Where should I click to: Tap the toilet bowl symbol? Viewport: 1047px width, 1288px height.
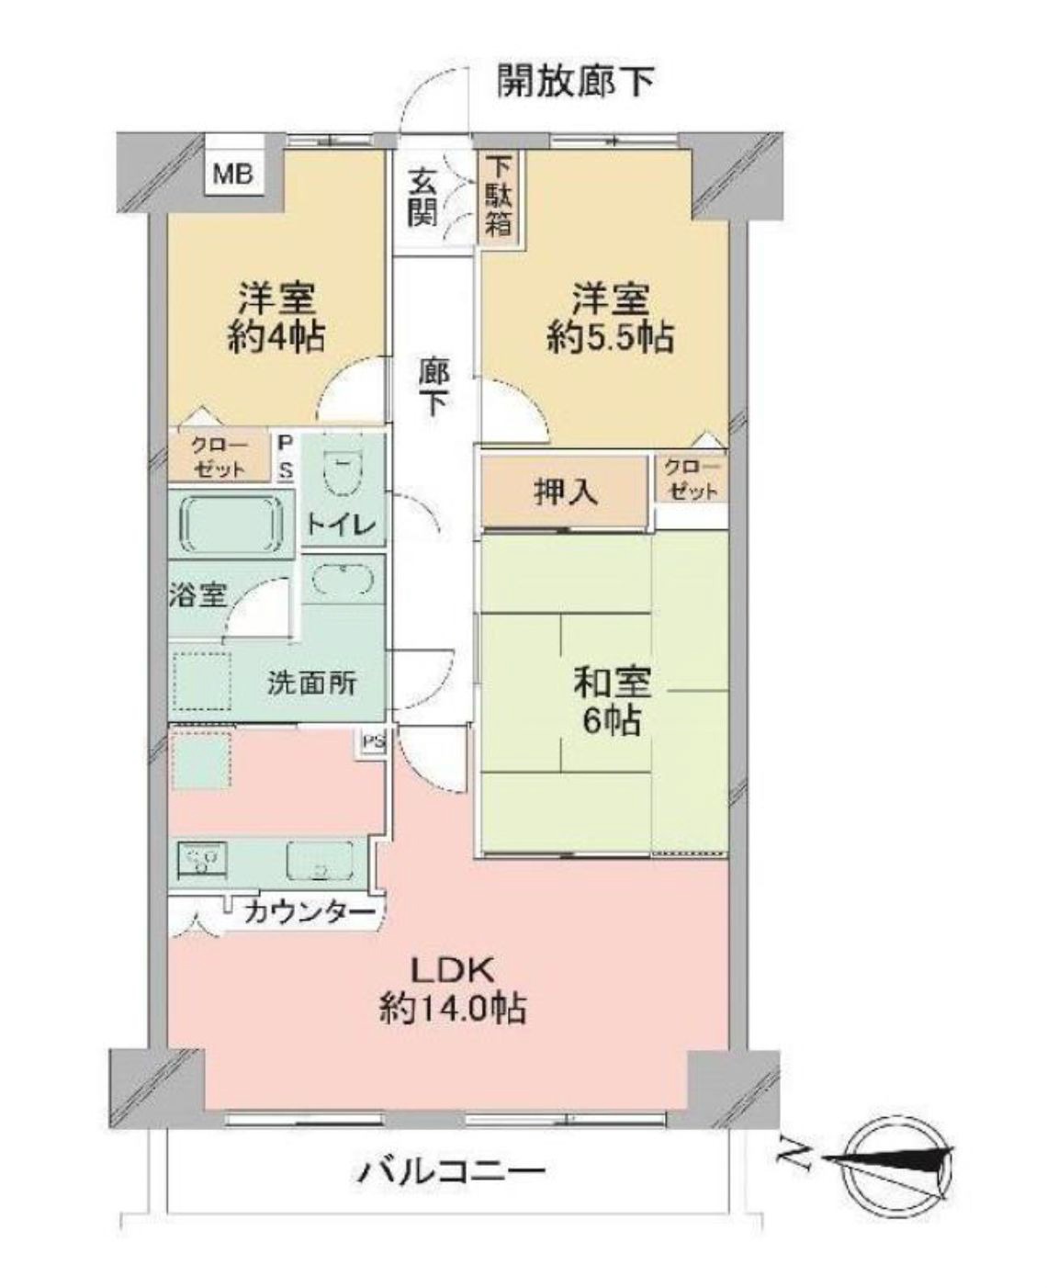[343, 475]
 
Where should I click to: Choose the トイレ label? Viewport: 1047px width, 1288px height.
[343, 525]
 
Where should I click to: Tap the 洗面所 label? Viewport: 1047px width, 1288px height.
[312, 684]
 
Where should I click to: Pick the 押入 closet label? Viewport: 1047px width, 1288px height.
[566, 492]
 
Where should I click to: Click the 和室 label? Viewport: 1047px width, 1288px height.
[612, 684]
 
